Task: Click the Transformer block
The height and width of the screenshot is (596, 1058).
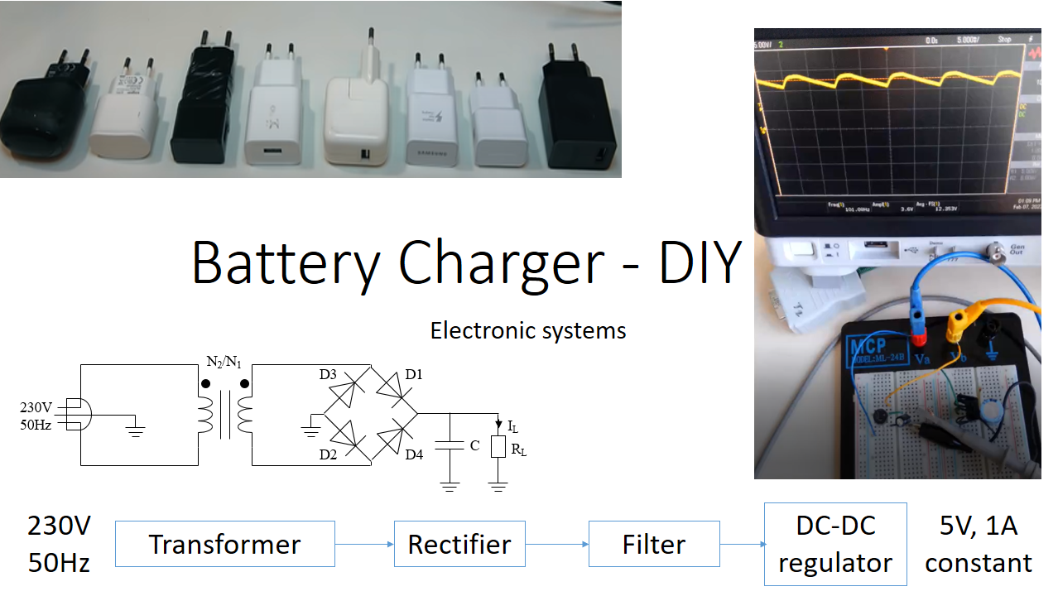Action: [224, 544]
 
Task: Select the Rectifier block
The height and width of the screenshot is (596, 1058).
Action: [459, 544]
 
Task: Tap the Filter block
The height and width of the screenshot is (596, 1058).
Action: [654, 544]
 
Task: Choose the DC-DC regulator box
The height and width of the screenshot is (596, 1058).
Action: [834, 544]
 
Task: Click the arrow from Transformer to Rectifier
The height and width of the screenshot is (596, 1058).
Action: [364, 544]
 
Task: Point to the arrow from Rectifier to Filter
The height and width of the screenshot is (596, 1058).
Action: [556, 544]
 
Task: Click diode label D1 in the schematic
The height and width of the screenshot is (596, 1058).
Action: [414, 375]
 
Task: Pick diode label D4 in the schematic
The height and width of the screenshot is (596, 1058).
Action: [414, 454]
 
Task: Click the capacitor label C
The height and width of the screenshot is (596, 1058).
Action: [474, 445]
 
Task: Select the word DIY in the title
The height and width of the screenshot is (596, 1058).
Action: [699, 262]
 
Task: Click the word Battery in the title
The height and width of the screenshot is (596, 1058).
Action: [286, 262]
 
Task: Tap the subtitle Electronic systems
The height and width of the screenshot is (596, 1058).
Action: [528, 331]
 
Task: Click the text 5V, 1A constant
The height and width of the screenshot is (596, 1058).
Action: [979, 544]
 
